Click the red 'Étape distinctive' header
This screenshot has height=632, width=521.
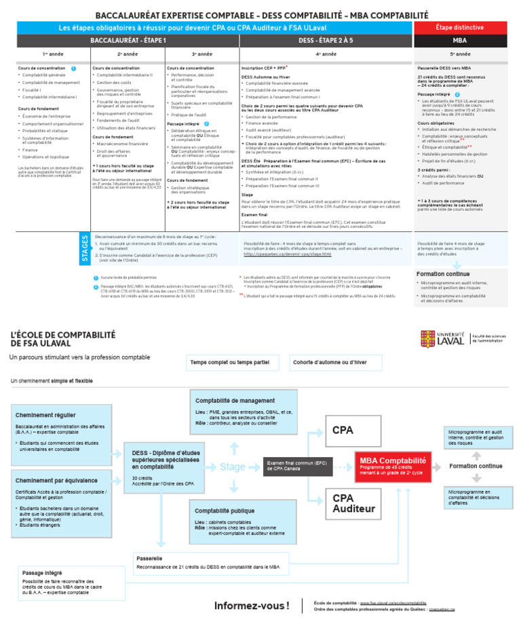coord(459,28)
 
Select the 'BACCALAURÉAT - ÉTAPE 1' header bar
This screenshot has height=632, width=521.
coord(128,41)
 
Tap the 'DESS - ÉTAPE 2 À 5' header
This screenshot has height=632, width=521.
coord(326,41)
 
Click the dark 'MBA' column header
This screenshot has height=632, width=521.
coord(459,41)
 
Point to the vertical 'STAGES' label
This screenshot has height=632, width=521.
coord(85,248)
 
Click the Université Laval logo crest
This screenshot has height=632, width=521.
coord(428,338)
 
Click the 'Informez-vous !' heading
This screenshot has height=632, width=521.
coord(252,606)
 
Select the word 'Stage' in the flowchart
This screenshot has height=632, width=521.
coord(233,467)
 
